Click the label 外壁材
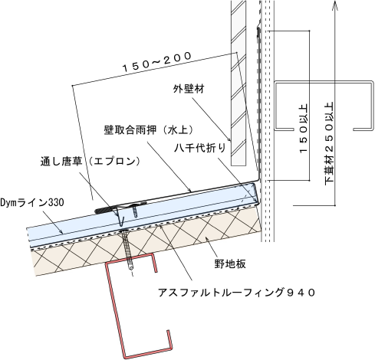click(189, 89)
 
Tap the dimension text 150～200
click(157, 61)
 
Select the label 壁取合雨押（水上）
click(149, 130)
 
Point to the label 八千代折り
click(200, 148)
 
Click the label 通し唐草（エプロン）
click(90, 162)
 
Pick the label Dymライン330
click(32, 203)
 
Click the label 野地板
click(230, 263)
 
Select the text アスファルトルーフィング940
click(236, 293)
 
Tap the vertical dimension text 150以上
click(303, 129)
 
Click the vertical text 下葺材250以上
click(329, 143)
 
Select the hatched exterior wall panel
click(238, 83)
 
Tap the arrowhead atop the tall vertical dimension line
click(335, 5)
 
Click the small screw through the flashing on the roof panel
click(135, 210)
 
